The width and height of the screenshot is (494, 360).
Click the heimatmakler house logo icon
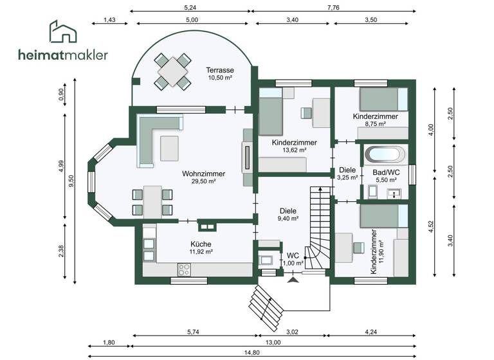tap(63, 32)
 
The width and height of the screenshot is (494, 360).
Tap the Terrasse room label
tap(219, 70)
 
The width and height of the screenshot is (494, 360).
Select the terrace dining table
tap(172, 72)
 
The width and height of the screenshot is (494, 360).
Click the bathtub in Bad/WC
tap(385, 154)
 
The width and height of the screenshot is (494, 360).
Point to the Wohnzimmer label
tap(203, 174)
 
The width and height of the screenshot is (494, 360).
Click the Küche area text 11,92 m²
tap(201, 251)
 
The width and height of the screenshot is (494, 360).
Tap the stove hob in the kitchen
tap(183, 271)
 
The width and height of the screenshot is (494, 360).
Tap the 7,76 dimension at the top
tap(333, 7)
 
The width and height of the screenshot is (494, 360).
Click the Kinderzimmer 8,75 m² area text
tap(375, 124)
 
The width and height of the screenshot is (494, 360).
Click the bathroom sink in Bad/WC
tap(394, 192)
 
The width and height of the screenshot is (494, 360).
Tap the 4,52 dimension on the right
tap(432, 225)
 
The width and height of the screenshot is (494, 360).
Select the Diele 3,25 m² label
tap(347, 177)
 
